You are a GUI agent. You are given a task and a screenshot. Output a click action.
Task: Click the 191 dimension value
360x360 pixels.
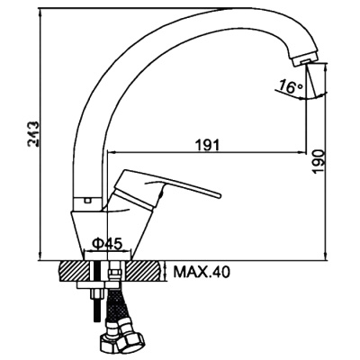208,145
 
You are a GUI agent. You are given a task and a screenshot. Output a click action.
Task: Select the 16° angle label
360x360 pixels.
291,86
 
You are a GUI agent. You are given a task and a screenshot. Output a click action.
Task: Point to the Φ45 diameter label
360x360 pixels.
107,244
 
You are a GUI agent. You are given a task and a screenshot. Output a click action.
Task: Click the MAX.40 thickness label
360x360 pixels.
202,272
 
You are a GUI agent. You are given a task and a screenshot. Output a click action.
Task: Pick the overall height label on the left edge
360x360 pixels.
32,134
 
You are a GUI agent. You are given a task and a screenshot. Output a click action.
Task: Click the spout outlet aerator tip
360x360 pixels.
305,61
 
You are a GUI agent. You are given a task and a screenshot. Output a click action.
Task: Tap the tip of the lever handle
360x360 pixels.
219,196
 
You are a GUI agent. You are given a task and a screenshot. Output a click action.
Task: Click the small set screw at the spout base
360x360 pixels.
88,201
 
